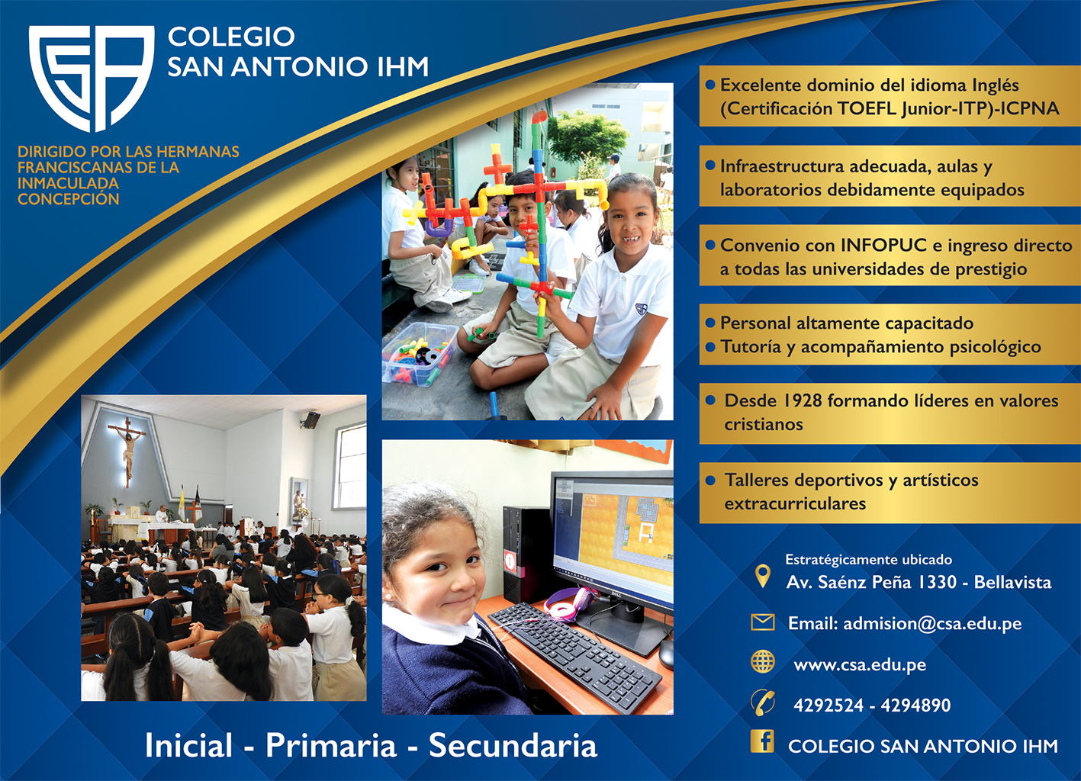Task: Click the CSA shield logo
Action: [92, 78]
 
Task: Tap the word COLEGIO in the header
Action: [230, 37]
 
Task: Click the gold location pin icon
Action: [762, 576]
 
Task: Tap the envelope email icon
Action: [762, 623]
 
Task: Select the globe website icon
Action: [763, 662]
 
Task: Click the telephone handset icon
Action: [763, 703]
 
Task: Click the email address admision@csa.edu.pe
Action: [932, 623]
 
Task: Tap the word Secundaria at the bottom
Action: [513, 745]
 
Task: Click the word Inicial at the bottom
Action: [188, 745]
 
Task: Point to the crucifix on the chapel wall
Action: [127, 448]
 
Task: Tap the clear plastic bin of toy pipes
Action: [420, 354]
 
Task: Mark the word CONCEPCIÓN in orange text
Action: [68, 199]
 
